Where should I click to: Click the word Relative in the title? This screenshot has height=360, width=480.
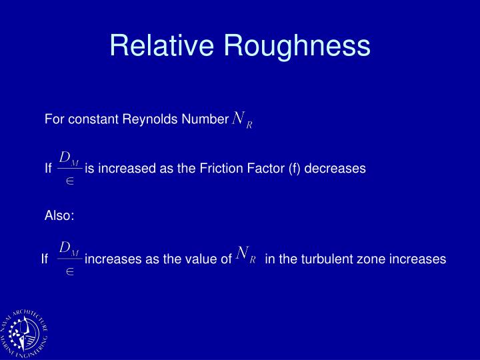tap(162, 45)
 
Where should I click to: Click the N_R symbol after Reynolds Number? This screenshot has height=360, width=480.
tap(242, 120)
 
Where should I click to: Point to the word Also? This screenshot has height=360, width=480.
tap(59, 215)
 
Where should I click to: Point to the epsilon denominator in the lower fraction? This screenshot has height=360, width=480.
tap(69, 271)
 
